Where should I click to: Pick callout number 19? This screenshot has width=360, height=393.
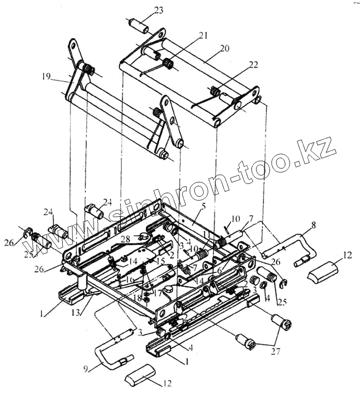click(47, 77)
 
